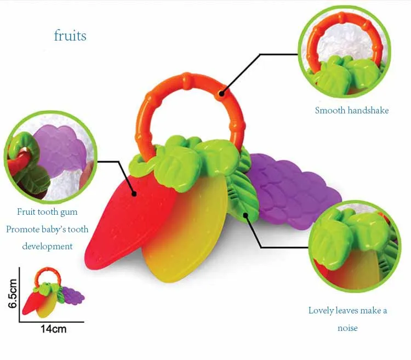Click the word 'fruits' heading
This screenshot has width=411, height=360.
tap(70, 36)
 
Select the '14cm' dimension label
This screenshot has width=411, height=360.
tap(53, 330)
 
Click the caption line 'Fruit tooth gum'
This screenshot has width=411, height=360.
tap(47, 212)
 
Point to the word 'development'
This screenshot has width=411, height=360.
tap(47, 247)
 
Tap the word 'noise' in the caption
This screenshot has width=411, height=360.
tap(347, 328)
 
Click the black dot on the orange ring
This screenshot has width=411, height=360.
tap(221, 94)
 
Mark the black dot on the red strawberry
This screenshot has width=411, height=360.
tap(134, 192)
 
